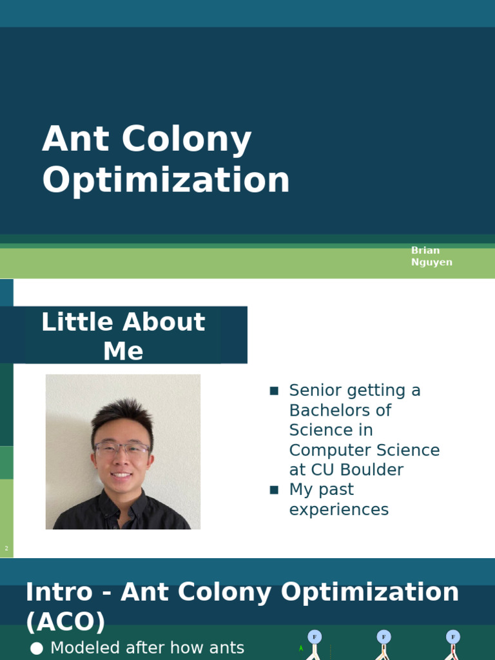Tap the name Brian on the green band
(425, 250)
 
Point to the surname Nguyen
(431, 262)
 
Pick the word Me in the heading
(123, 351)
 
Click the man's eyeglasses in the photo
(122, 449)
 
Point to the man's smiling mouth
(122, 476)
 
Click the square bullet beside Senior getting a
(274, 391)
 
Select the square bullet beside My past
(274, 490)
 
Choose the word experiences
(338, 510)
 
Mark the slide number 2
(6, 548)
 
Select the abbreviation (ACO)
(65, 622)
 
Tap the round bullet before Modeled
(37, 648)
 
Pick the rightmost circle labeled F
(453, 637)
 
